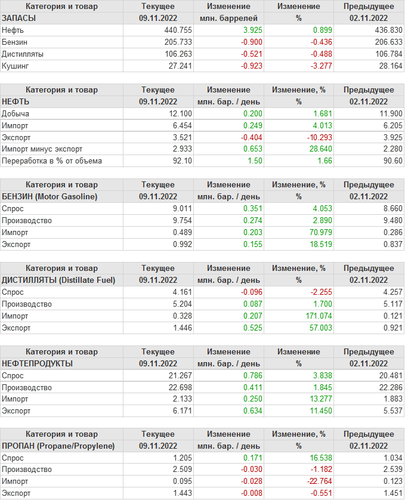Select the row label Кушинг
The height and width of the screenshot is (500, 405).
[16, 66]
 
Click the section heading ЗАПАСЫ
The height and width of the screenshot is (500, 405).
[19, 18]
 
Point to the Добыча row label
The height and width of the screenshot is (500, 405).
[16, 113]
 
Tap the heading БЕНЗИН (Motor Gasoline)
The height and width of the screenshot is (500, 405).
[50, 196]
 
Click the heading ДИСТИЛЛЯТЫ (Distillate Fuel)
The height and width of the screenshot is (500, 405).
[58, 280]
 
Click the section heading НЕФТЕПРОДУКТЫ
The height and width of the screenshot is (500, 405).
[38, 363]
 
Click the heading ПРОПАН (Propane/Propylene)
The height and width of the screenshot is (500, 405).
[58, 446]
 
